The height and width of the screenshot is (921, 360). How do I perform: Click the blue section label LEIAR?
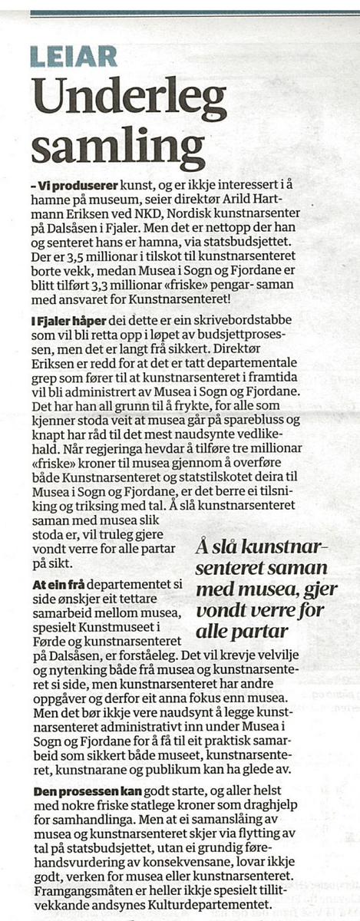[x=74, y=55]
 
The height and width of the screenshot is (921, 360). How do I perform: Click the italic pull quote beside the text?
[x=262, y=589]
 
